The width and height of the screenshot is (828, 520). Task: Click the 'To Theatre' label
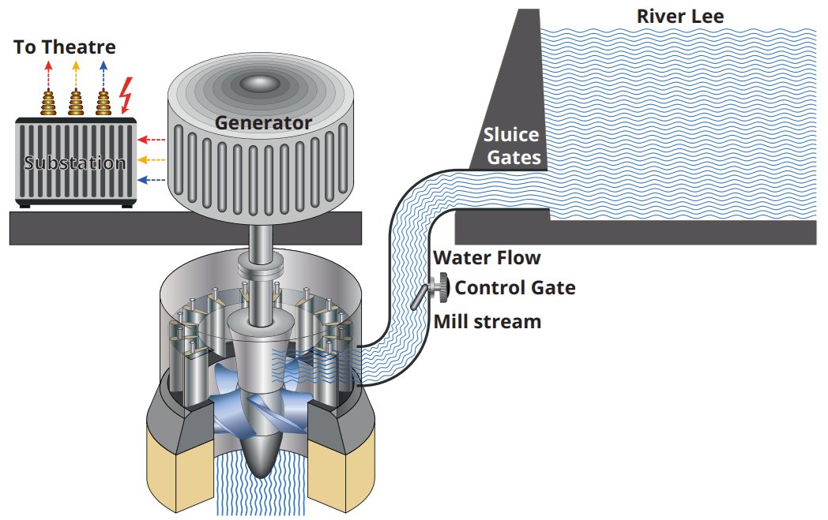coord(65,47)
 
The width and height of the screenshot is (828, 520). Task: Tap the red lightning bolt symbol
coord(126,95)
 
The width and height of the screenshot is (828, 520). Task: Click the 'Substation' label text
coord(75,163)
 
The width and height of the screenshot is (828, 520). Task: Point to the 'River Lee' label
coord(680,17)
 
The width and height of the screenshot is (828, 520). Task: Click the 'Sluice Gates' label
coord(513,147)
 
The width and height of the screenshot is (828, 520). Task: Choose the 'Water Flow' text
coord(487,257)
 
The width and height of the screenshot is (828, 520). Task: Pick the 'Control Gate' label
coord(515,287)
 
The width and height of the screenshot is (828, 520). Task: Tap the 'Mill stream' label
coord(487,321)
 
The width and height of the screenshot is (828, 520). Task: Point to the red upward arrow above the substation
coord(48,74)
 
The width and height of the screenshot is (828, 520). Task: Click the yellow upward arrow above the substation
coord(76,74)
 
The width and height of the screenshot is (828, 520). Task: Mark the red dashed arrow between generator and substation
coord(151,140)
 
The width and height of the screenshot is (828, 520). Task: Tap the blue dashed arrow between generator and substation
coord(151,180)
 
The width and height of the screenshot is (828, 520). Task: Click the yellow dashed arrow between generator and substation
coord(151,159)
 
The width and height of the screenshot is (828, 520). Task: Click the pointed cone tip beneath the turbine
coord(259,466)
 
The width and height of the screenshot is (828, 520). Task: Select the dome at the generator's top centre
coord(261,82)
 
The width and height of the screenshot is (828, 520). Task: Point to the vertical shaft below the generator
coord(258,245)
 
